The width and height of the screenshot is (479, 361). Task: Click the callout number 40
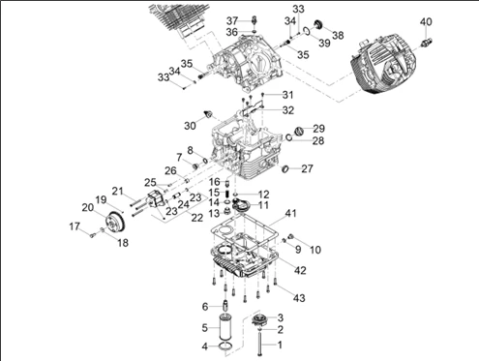426,22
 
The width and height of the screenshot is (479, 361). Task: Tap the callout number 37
232,21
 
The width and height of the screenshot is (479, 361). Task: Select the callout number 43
299,298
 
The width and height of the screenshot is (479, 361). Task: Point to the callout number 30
190,126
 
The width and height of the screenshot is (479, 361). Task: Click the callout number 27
307,168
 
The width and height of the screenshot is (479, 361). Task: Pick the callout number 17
75,226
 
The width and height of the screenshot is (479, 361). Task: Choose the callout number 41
290,213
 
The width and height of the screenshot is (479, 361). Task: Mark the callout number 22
197,218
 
